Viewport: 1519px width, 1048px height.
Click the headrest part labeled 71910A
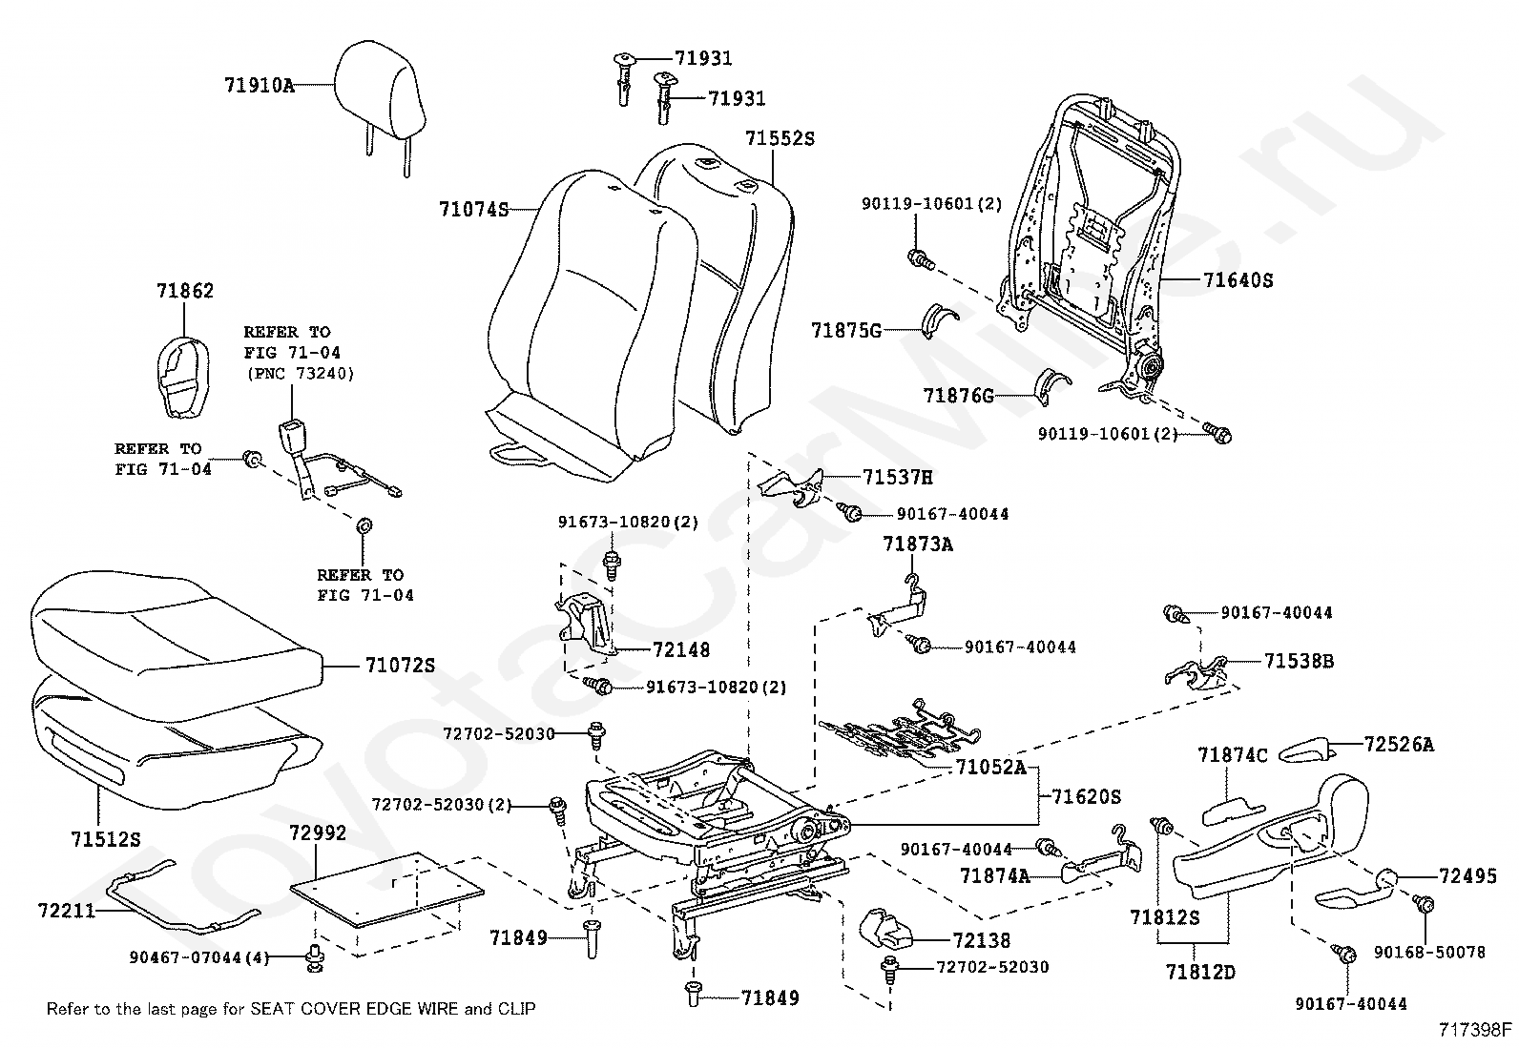coord(381,95)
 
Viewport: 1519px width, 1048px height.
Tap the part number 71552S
coord(780,138)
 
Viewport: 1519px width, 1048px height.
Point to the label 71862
coord(185,291)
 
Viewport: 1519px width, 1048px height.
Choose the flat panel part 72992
coord(387,889)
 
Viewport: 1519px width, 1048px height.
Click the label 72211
coord(67,911)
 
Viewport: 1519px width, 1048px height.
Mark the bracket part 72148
coord(584,624)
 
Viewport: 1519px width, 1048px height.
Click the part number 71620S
coord(1086,796)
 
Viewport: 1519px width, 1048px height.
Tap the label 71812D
coord(1200,972)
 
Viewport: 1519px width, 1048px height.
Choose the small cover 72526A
coord(1306,750)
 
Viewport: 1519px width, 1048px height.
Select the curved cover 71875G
coord(939,320)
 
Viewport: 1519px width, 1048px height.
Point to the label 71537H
coord(897,477)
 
